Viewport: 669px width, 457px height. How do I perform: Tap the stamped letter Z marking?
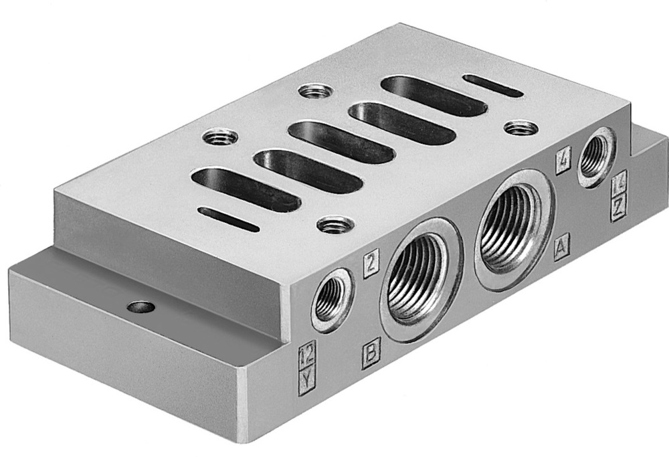click(619, 209)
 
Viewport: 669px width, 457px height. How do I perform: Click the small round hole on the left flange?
click(142, 308)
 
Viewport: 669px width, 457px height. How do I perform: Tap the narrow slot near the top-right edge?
click(492, 85)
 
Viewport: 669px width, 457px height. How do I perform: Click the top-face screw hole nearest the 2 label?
click(332, 225)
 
